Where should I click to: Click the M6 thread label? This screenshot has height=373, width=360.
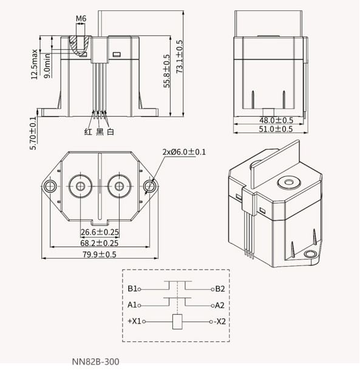pyautogui.click(x=81, y=19)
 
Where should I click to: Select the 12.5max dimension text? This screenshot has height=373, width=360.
pyautogui.click(x=34, y=64)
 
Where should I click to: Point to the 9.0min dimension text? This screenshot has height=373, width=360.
pyautogui.click(x=47, y=66)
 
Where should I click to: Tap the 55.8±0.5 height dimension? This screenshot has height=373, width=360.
pyautogui.click(x=167, y=71)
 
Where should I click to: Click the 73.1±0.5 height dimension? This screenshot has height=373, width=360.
pyautogui.click(x=180, y=56)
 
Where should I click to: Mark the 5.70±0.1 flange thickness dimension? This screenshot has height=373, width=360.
pyautogui.click(x=33, y=133)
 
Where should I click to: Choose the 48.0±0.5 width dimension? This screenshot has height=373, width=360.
pyautogui.click(x=276, y=120)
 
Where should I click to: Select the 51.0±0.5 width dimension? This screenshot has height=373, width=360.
pyautogui.click(x=276, y=129)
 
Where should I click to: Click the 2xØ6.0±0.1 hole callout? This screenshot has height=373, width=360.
pyautogui.click(x=184, y=152)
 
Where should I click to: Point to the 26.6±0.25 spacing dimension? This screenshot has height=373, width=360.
pyautogui.click(x=100, y=232)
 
